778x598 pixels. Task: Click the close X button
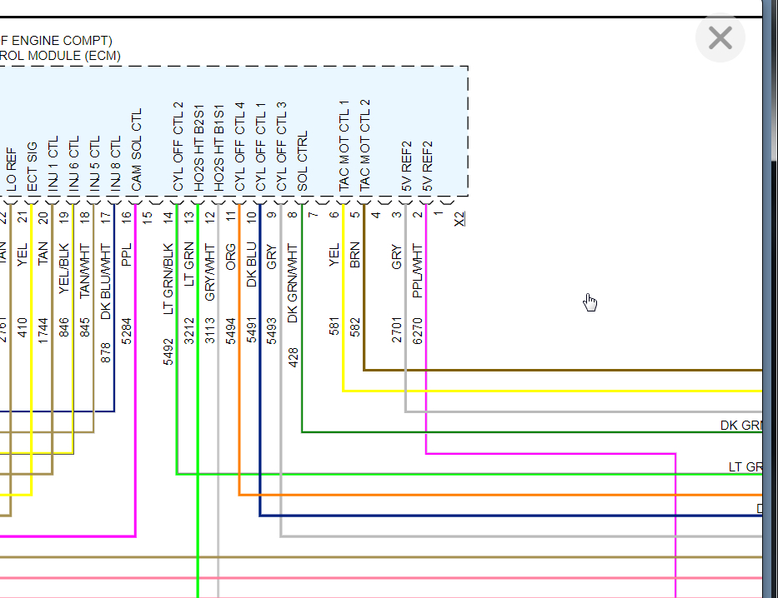(x=720, y=38)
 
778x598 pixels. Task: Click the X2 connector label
(x=459, y=218)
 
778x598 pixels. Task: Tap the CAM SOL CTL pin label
(x=137, y=150)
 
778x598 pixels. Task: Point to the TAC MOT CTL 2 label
(x=364, y=147)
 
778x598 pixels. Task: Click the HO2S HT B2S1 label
(x=198, y=148)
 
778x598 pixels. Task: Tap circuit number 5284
(x=127, y=329)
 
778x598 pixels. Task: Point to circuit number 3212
(x=188, y=329)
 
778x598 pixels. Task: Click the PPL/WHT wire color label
(x=418, y=271)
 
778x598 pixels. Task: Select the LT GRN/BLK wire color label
(x=168, y=278)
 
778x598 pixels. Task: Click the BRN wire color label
(x=355, y=255)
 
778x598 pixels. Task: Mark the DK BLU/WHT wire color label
(x=105, y=282)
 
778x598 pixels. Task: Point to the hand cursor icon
(x=590, y=301)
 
